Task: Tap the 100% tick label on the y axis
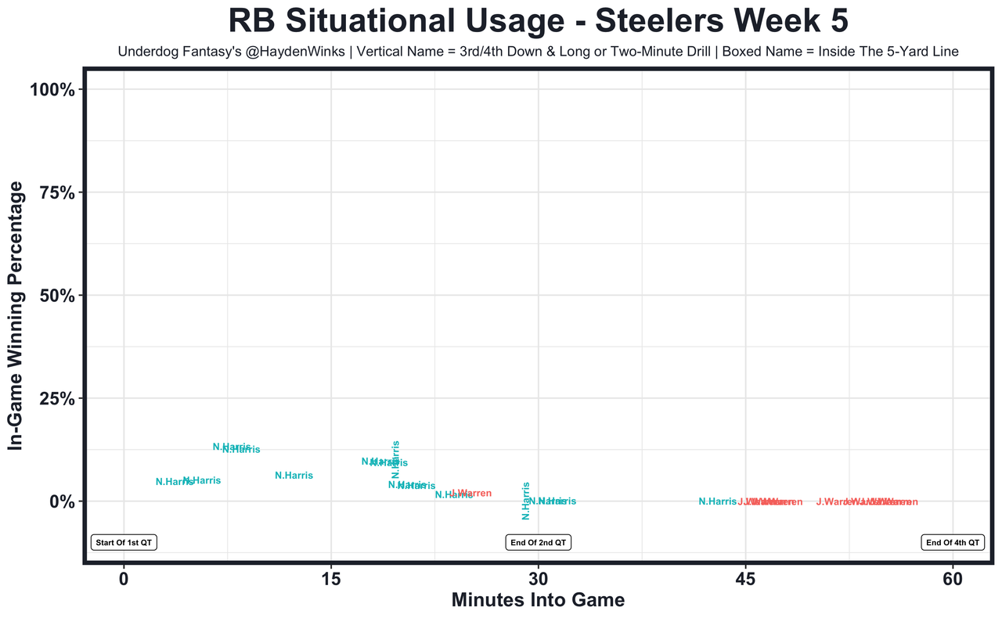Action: (x=52, y=90)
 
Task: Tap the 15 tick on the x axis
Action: (x=331, y=580)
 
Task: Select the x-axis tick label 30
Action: (x=538, y=580)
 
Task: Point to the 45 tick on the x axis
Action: (x=745, y=580)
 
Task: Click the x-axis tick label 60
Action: (x=953, y=580)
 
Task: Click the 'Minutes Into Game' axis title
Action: (x=538, y=601)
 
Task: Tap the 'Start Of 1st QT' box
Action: (x=124, y=542)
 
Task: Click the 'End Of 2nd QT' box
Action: (x=538, y=542)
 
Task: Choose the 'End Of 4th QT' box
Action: (x=953, y=542)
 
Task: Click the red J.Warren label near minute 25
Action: (x=471, y=494)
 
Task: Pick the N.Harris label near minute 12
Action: (x=294, y=476)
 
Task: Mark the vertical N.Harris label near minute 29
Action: (x=526, y=501)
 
